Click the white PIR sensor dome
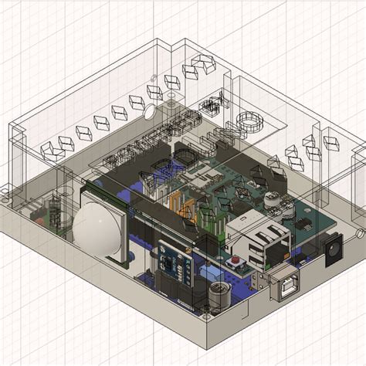pos(98,230)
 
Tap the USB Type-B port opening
pos(287,287)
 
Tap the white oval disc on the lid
pos(147,113)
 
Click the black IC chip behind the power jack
pos(303,225)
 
